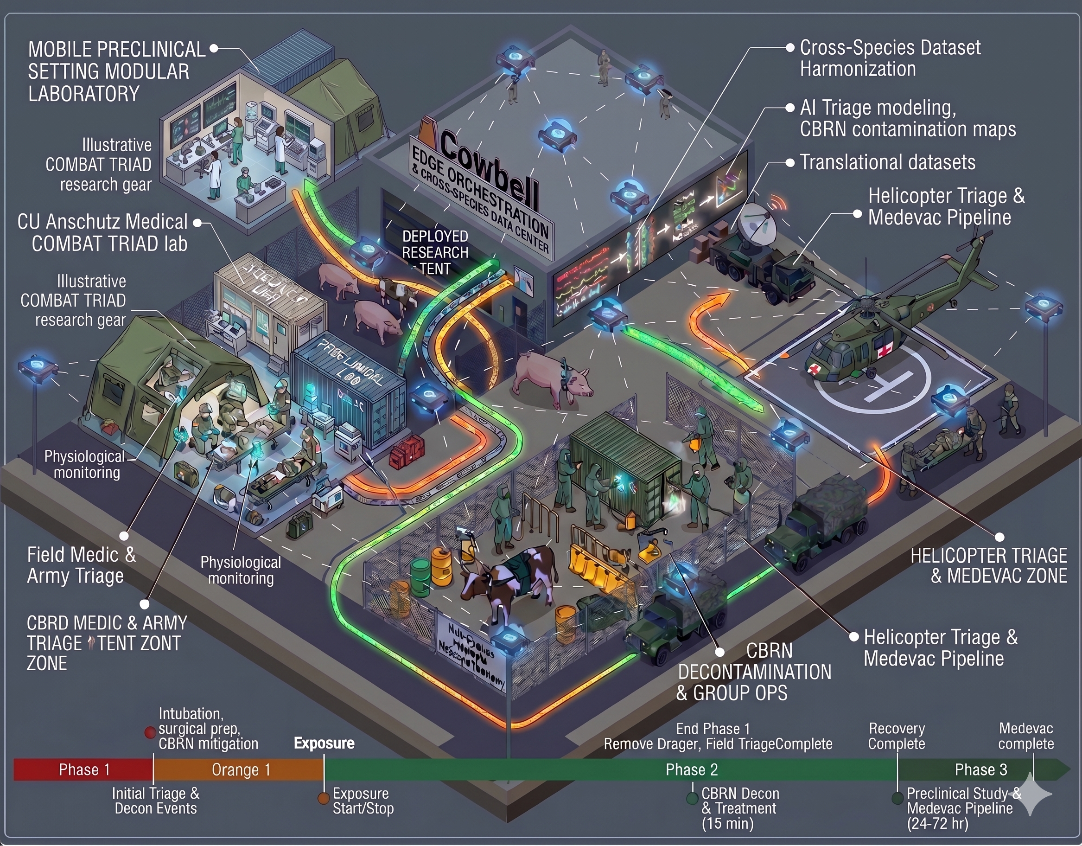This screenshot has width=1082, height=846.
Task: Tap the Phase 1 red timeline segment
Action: (x=83, y=769)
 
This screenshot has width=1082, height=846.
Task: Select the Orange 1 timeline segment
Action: (x=240, y=769)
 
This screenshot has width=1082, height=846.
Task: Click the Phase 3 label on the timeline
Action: (x=980, y=769)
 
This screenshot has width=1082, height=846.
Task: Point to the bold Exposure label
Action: (x=324, y=743)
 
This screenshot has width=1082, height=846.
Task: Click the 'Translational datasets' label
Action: (x=887, y=162)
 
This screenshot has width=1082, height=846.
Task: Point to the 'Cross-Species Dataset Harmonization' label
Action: (x=890, y=58)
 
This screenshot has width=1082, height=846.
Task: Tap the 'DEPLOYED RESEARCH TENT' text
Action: (x=435, y=252)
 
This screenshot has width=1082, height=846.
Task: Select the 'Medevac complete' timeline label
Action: (x=1025, y=736)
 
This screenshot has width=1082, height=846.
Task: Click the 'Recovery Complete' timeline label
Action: (x=896, y=736)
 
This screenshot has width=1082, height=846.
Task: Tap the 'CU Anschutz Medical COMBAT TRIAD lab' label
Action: (x=102, y=232)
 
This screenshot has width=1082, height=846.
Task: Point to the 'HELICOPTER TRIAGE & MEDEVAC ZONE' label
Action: (x=988, y=565)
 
